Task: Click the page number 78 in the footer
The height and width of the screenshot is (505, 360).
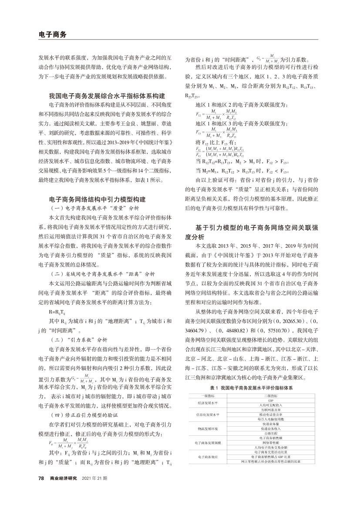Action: (41, 490)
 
